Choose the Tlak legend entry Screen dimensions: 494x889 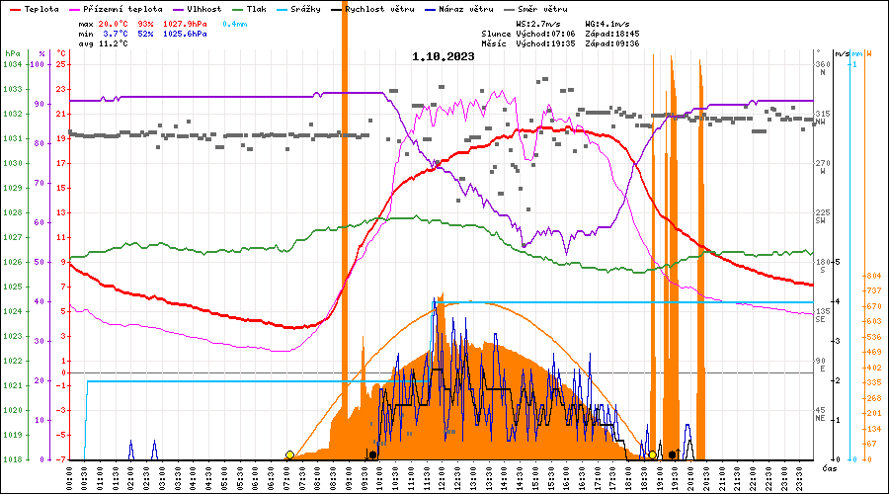[263, 9]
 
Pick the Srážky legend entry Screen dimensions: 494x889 [317, 9]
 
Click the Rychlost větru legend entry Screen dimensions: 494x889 [378, 9]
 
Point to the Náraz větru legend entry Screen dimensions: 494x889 [465, 9]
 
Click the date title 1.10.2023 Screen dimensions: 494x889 [444, 57]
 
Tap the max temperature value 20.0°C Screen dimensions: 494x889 [114, 23]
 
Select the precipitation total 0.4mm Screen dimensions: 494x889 [234, 23]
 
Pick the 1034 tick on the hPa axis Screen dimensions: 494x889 [12, 65]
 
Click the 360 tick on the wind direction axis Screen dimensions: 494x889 [822, 65]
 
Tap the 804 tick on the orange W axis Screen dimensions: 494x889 [873, 276]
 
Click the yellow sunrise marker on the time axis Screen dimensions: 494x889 [289, 455]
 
